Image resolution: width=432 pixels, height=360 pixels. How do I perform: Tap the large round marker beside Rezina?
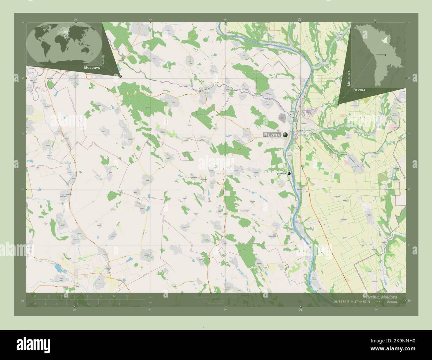[285, 135]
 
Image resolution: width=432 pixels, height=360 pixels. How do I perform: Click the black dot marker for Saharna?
[289, 174]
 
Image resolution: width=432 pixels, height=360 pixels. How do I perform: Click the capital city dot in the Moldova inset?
[385, 54]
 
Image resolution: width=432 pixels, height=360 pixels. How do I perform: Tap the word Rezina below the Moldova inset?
[360, 90]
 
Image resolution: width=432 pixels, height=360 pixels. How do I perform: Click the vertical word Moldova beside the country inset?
[349, 78]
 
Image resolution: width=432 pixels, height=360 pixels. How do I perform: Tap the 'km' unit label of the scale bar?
[151, 297]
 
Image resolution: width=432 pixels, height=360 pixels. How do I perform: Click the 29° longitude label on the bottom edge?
[300, 310]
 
